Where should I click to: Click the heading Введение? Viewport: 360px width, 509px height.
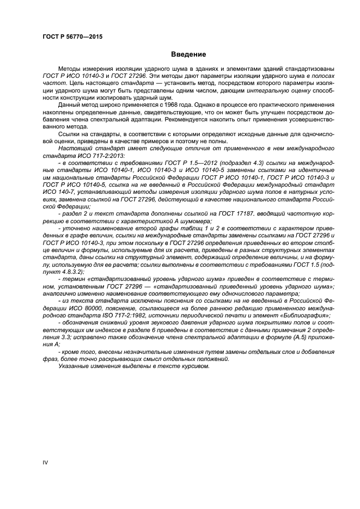tap(188, 54)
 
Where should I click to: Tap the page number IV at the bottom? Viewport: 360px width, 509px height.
tap(45, 463)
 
